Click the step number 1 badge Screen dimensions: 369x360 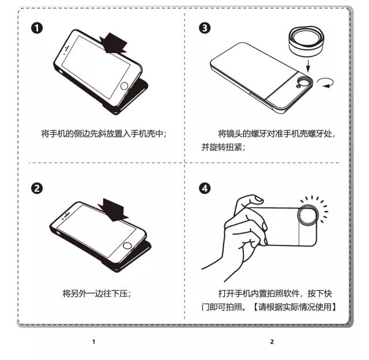[x=37, y=28]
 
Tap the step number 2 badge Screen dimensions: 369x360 [x=37, y=188]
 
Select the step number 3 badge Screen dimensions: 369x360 [x=205, y=28]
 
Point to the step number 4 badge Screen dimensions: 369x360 [x=205, y=188]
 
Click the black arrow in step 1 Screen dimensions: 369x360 [x=113, y=43]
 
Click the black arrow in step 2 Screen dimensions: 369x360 [x=113, y=210]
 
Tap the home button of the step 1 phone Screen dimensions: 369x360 [x=124, y=86]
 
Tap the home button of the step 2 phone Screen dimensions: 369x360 [x=127, y=246]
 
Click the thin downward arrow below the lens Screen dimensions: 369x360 [x=308, y=66]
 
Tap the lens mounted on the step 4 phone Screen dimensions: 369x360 [x=308, y=215]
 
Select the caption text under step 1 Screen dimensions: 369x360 [x=104, y=134]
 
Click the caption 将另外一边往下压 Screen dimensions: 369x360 [x=97, y=293]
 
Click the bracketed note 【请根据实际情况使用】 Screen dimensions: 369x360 [x=295, y=307]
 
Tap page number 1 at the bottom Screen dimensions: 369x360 [x=93, y=342]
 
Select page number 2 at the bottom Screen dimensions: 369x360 [x=272, y=342]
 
